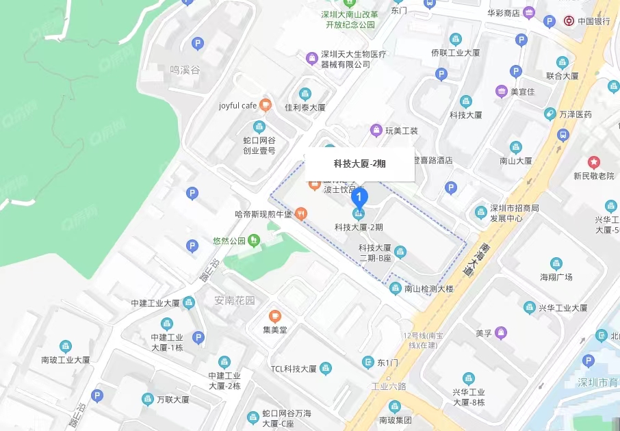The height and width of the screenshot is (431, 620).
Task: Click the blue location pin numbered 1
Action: [359, 197]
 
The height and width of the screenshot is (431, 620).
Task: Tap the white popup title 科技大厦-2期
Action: [359, 164]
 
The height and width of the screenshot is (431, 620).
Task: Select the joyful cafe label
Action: [237, 105]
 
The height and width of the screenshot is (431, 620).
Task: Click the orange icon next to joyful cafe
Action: [266, 105]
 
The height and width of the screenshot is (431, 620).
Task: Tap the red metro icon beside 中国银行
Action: [568, 21]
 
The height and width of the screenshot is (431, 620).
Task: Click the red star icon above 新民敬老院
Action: [593, 162]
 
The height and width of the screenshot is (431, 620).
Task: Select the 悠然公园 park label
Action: [229, 241]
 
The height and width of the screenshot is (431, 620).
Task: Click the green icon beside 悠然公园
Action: [254, 240]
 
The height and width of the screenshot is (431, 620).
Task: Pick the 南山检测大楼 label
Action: [428, 289]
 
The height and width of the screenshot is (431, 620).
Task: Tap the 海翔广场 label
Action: [556, 277]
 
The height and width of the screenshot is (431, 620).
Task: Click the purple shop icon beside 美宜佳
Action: [502, 91]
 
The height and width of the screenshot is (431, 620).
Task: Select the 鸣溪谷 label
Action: [185, 70]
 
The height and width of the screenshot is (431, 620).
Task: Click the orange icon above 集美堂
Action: [274, 316]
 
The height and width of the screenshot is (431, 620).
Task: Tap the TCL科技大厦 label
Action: [293, 369]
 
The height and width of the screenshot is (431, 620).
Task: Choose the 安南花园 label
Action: [234, 300]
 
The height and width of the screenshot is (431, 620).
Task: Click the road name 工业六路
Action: [389, 387]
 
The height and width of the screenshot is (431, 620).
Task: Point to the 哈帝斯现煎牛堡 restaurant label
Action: [263, 214]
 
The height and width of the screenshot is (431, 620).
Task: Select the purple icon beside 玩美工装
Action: [376, 130]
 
